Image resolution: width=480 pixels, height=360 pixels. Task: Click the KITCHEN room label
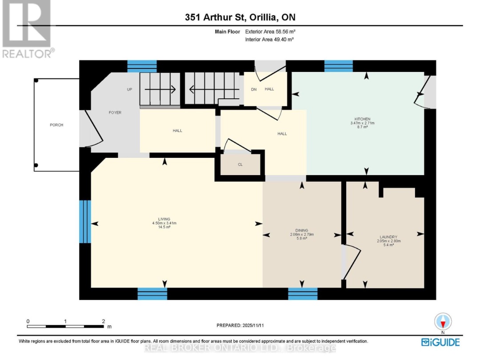[363, 119]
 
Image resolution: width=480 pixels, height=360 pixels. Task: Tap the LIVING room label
[164, 220]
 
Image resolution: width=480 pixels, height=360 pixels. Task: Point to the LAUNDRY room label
[388, 237]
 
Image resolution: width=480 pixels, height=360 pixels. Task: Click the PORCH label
[56, 125]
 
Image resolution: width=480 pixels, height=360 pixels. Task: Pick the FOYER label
[115, 112]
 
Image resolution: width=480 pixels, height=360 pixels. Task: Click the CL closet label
[240, 164]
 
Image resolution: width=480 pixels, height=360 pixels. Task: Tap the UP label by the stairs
[130, 89]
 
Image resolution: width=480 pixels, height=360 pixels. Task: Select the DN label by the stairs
[254, 89]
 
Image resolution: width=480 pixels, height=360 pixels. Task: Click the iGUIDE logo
[440, 342]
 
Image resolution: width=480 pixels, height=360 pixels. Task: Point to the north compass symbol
[443, 322]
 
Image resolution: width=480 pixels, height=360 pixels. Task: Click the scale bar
[65, 326]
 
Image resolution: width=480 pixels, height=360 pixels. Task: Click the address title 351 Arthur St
[240, 17]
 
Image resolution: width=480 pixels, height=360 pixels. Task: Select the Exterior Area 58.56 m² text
[270, 32]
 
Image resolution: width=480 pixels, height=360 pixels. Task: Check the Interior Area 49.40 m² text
[270, 40]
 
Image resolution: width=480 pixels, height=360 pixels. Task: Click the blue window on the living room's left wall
[85, 221]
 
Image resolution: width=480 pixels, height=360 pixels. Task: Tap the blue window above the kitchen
[338, 66]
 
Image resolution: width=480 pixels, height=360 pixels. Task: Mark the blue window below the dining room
[303, 294]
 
